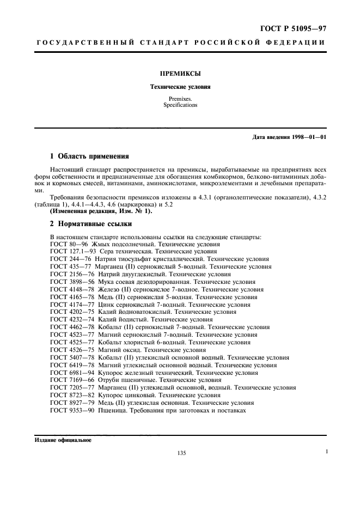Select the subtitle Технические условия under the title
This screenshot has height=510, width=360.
pyautogui.click(x=180, y=86)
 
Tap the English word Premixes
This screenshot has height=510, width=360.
pyautogui.click(x=180, y=99)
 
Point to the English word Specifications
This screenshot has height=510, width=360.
pyautogui.click(x=180, y=105)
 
